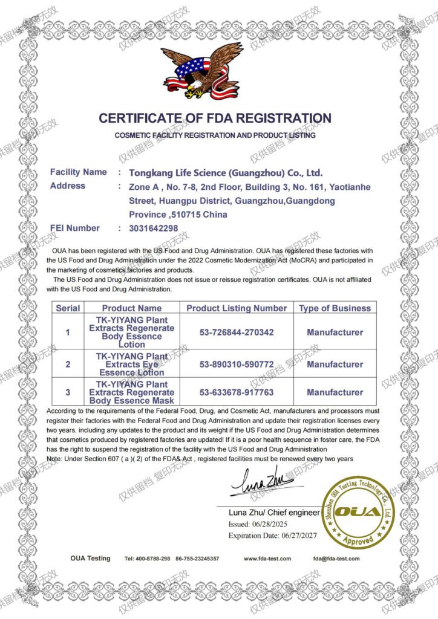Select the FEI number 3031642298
(154, 228)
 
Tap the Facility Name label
(78, 172)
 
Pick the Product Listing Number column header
(236, 308)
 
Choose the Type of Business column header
(335, 308)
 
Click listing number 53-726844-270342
(236, 332)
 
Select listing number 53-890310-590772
(236, 365)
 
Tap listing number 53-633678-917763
(236, 392)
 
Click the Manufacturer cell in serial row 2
(335, 365)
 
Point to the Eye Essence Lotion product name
(132, 365)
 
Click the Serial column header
(68, 308)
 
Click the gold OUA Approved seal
(358, 511)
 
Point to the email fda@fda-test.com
(336, 559)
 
